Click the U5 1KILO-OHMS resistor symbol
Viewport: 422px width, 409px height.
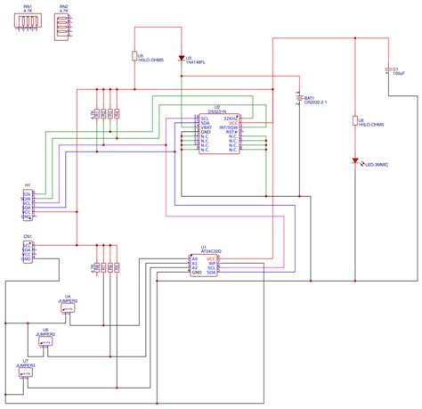(134, 56)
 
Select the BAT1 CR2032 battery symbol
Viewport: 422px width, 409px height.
(297, 100)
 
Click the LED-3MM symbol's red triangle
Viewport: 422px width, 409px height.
(355, 162)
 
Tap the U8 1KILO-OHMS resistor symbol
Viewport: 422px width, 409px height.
(355, 120)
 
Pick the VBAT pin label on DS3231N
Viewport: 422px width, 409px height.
(206, 127)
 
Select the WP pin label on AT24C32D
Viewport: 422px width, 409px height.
(212, 264)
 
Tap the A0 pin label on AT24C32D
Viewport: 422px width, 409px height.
(195, 258)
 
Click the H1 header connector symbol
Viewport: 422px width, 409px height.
(28, 204)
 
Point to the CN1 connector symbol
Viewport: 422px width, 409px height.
(28, 250)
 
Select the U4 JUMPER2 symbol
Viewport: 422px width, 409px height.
(69, 310)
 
